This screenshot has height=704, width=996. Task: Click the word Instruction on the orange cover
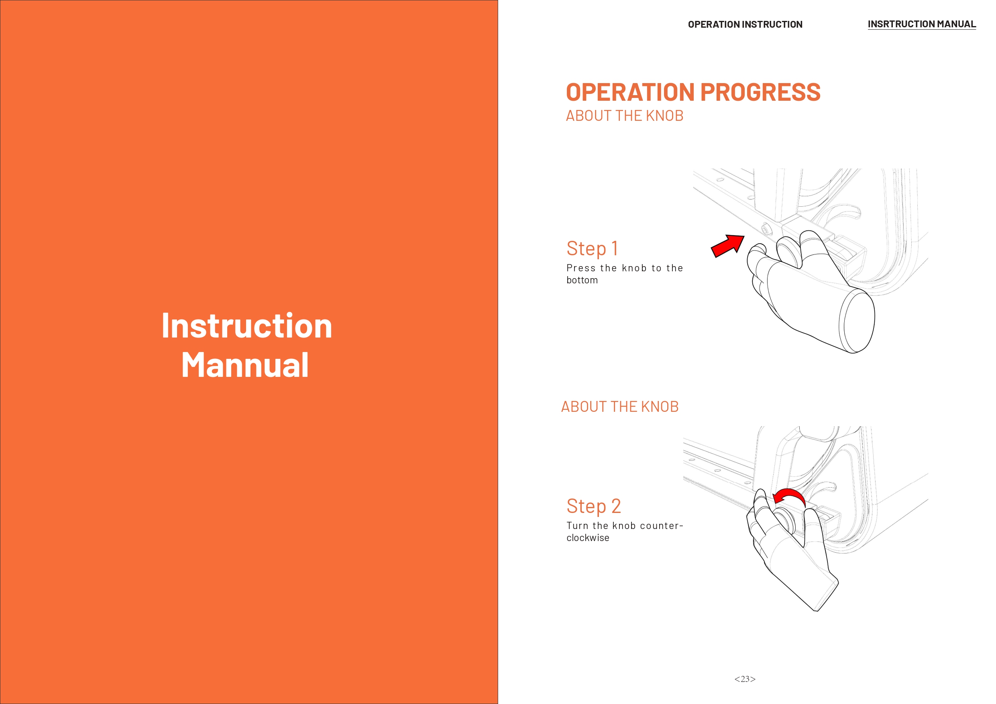point(247,326)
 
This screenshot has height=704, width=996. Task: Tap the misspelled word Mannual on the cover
point(245,365)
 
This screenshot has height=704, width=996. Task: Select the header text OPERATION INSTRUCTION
point(745,24)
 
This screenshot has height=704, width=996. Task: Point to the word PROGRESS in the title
point(760,92)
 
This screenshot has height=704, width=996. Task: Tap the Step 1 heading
point(592,248)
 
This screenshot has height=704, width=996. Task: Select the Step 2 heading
point(593,506)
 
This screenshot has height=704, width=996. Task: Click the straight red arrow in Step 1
point(727,246)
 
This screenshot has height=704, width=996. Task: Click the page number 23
point(745,679)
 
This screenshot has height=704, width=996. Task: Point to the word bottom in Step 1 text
point(582,280)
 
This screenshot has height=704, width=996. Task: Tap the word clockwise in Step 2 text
point(588,538)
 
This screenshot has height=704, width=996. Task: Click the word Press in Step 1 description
point(581,268)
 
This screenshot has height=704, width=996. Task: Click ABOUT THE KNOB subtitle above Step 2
point(620,407)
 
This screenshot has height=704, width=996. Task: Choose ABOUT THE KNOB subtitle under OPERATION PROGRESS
point(625,116)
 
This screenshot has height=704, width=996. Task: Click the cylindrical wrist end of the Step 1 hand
point(857,321)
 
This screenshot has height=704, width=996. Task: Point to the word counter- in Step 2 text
point(662,526)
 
